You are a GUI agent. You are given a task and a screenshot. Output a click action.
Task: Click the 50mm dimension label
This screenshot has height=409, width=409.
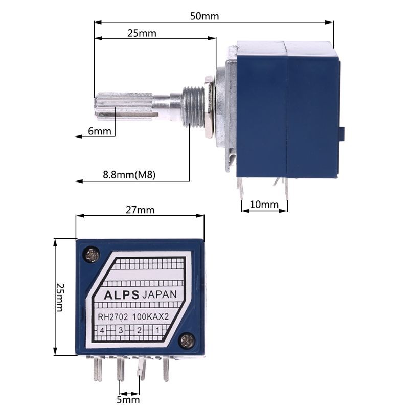point(204,16)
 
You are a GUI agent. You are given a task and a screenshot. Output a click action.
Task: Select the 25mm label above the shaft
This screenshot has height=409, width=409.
point(142,33)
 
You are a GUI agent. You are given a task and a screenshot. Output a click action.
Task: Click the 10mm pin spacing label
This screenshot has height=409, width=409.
point(264,205)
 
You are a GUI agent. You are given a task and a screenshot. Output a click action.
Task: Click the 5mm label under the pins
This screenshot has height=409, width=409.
point(128,399)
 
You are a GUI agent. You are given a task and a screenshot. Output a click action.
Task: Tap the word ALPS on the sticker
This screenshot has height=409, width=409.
point(121,295)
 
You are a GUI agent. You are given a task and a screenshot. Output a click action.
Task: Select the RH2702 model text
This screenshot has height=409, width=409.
point(114,317)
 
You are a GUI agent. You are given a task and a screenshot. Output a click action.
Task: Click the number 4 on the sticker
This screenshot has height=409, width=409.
point(102,331)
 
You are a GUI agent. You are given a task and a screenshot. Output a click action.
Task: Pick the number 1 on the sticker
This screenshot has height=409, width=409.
point(157,331)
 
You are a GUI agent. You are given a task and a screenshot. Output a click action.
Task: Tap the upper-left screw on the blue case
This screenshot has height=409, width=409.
point(92,254)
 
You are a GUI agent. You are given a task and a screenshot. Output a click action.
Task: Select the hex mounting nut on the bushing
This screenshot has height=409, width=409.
point(208,107)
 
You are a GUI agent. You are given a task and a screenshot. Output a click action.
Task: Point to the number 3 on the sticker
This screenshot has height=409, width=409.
point(121,331)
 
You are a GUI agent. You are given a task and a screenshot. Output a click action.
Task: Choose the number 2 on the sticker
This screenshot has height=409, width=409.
point(139,331)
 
